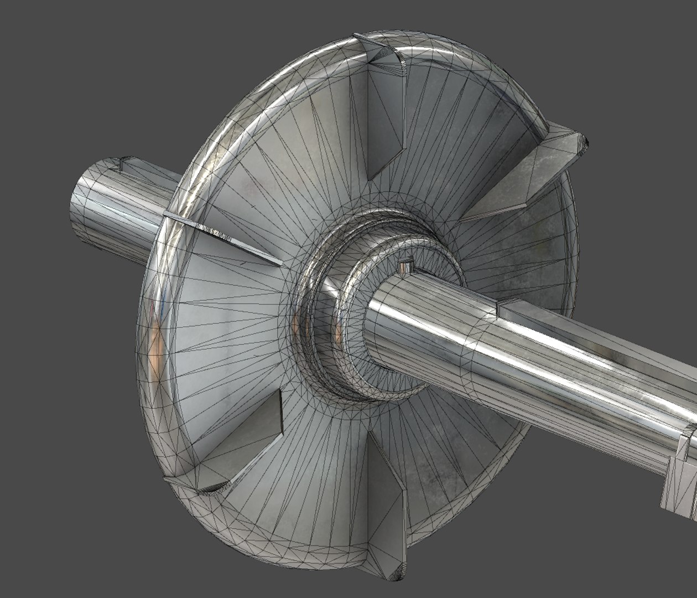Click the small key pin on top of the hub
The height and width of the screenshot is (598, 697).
405,267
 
